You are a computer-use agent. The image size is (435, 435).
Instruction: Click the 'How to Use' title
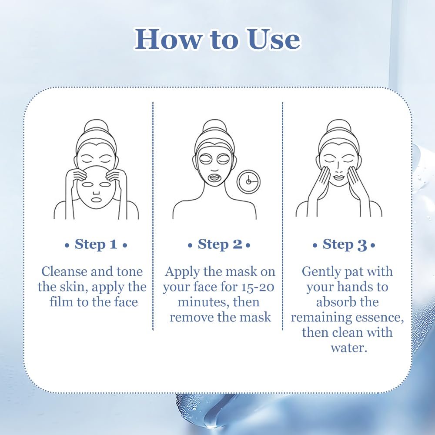point(217,39)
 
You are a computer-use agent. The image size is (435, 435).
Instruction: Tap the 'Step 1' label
point(96,244)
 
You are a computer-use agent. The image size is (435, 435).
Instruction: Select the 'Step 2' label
point(219,244)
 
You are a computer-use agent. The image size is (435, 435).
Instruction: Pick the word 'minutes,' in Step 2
point(203,302)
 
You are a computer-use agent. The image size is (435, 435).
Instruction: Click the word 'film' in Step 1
point(62,302)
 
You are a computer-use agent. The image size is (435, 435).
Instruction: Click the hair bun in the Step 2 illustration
point(214,126)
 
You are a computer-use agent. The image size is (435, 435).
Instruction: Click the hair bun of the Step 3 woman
point(338,126)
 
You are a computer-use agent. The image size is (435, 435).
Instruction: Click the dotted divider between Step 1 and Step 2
point(153,216)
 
